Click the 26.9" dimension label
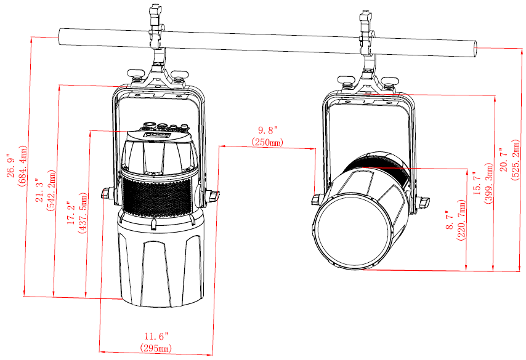(x=10, y=166)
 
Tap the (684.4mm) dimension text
(x=22, y=166)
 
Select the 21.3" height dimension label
(x=39, y=190)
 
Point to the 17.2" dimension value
(x=71, y=213)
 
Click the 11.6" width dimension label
(x=156, y=336)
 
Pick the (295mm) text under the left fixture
(x=156, y=348)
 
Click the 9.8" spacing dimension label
(x=268, y=130)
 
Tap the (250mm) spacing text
(x=267, y=142)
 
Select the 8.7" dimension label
(x=450, y=220)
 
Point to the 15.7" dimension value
(x=477, y=183)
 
